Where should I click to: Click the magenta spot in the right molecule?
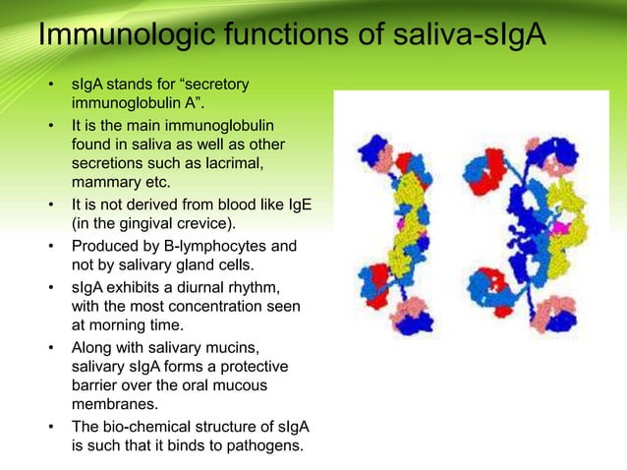(x=561, y=228)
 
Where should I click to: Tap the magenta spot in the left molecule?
(x=401, y=225)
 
